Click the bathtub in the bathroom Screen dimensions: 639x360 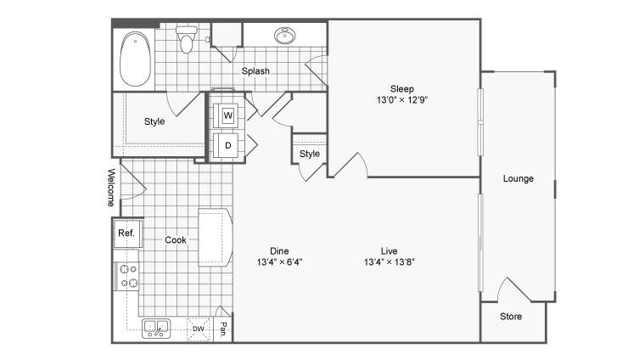[x=135, y=59]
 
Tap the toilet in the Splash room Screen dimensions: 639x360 [x=186, y=39]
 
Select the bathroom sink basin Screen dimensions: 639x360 [x=285, y=36]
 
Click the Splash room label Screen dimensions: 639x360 [x=255, y=71]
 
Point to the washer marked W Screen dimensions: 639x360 [x=227, y=115]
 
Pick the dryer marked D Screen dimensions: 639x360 [x=227, y=145]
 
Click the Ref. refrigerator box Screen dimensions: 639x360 [x=127, y=233]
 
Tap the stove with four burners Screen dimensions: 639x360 [x=126, y=276]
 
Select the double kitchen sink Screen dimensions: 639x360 [x=156, y=329]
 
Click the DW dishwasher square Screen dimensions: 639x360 [x=199, y=329]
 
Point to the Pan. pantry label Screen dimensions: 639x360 [x=223, y=329]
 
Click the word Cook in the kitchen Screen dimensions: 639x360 [x=176, y=240]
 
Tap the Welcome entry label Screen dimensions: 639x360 [x=111, y=187]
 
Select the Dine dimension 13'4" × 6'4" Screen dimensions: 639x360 [x=279, y=262]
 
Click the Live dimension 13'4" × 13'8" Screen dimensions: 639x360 [x=390, y=262]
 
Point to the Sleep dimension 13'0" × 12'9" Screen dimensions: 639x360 [x=402, y=100]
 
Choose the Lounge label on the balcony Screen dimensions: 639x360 [x=518, y=178]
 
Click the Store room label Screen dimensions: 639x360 [x=511, y=317]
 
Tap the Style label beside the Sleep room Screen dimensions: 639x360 [x=309, y=154]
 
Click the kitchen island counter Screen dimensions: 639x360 [x=215, y=237]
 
